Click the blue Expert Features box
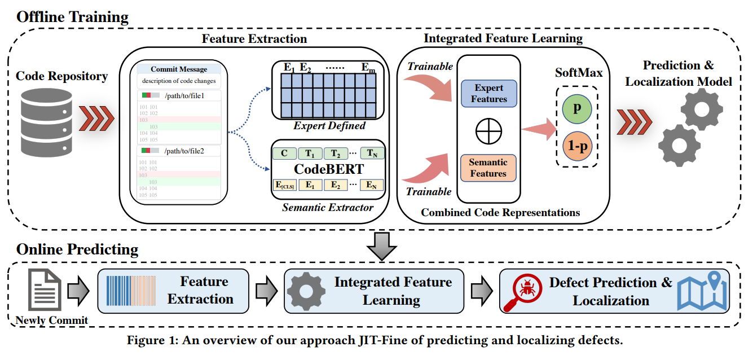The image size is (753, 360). [488, 94]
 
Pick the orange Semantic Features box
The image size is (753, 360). [488, 168]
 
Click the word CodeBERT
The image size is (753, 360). [329, 169]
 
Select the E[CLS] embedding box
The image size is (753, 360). [284, 185]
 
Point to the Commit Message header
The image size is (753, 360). [179, 69]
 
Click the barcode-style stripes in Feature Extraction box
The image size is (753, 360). [134, 291]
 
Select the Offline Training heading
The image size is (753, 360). [72, 16]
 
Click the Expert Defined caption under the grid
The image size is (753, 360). [329, 126]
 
